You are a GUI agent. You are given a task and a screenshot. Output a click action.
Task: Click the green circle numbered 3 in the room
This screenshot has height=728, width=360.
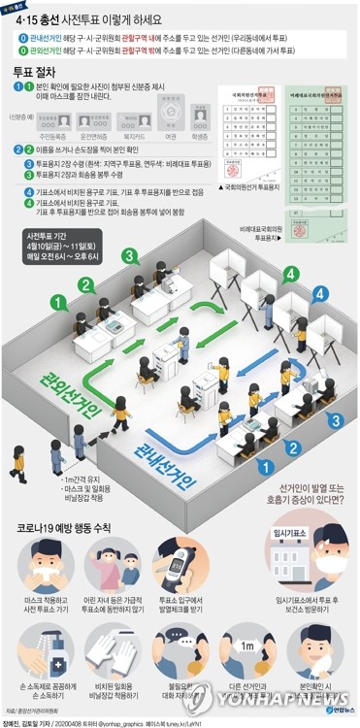click(128, 255)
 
